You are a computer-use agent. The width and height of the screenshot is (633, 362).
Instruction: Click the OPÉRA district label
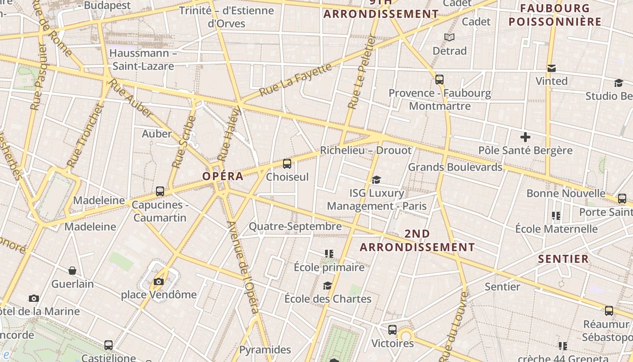coord(223,176)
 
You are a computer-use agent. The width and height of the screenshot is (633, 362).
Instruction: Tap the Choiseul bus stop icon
coord(287,164)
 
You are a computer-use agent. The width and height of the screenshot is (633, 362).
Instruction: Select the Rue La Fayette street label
coord(296,80)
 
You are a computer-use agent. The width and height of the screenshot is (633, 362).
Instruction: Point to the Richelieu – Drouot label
coord(366,150)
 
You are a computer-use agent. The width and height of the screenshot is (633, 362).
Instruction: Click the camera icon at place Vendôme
coord(158,282)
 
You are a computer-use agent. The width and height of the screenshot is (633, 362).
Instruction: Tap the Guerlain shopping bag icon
coord(72,271)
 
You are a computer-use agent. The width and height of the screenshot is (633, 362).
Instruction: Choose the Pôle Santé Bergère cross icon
coord(525,137)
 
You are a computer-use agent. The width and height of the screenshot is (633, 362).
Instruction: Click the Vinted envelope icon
coord(551,68)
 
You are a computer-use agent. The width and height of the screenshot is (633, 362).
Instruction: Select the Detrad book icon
coord(449,37)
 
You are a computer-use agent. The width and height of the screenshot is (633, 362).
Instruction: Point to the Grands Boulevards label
coord(455,167)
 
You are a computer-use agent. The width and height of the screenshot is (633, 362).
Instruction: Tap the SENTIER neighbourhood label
coord(563,259)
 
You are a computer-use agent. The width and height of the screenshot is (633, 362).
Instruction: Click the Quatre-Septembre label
coord(295,226)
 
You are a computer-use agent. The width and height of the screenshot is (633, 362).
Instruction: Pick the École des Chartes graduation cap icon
coord(327,286)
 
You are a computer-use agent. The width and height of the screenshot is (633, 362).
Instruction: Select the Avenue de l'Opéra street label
coord(244,267)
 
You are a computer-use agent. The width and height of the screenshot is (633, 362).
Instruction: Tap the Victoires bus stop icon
coord(392,330)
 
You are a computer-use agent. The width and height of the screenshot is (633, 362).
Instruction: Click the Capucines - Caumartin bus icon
coord(160,191)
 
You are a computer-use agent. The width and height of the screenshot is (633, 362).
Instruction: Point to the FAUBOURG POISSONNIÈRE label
coord(555,15)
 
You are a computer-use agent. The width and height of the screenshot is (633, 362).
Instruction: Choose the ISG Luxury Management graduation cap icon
coord(376,180)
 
